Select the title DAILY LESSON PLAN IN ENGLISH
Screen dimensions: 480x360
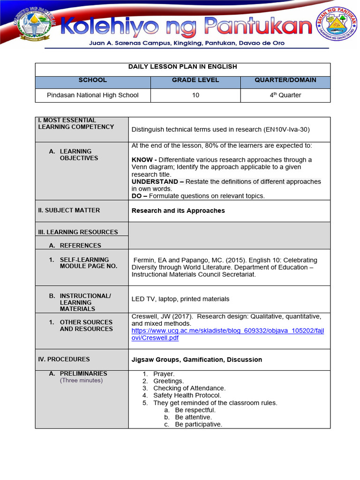click(x=182, y=67)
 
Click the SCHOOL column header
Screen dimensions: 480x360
click(x=92, y=80)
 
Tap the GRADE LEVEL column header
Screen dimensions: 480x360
click(x=195, y=80)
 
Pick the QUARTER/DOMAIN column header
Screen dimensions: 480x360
click(x=285, y=80)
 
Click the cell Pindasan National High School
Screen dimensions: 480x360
click(x=92, y=95)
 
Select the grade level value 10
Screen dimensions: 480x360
click(x=195, y=95)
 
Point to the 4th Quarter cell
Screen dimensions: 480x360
click(x=285, y=95)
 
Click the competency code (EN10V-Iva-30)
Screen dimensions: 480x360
click(x=286, y=129)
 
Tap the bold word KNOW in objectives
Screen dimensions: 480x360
click(x=142, y=160)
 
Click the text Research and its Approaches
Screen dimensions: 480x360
click(x=178, y=211)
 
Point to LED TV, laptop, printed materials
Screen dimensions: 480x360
click(x=180, y=299)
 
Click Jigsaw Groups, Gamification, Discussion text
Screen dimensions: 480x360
click(x=197, y=360)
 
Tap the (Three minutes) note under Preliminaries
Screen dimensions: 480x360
click(x=81, y=381)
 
